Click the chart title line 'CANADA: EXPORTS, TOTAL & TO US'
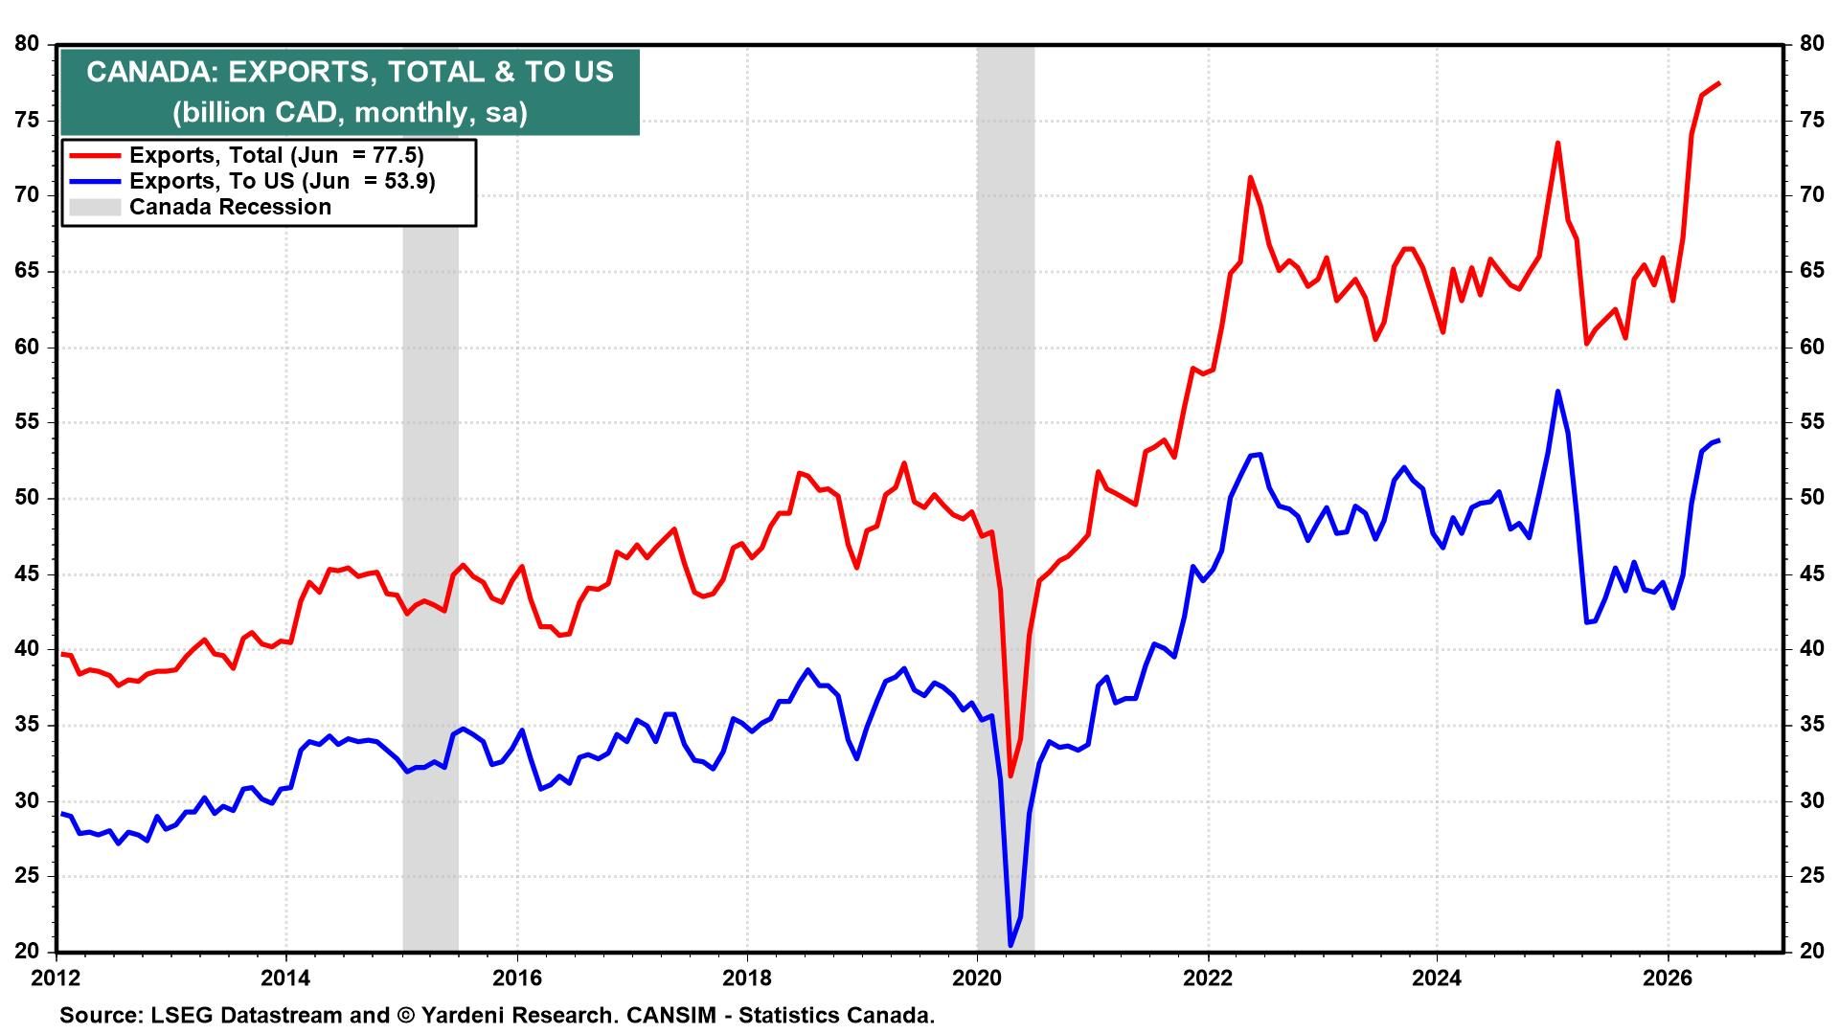tap(350, 72)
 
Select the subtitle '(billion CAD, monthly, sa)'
tap(350, 113)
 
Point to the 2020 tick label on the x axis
tap(977, 978)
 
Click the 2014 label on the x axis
tap(286, 978)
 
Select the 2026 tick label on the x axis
tap(1668, 978)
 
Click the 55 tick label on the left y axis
tap(27, 422)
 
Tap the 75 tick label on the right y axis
tap(1811, 120)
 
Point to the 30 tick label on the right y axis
tap(1811, 800)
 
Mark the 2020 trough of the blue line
tap(1010, 946)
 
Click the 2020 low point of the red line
tap(1010, 775)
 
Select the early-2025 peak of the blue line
tap(1558, 391)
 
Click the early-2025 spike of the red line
tap(1558, 143)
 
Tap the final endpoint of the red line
tap(1719, 83)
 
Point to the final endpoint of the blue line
tap(1719, 440)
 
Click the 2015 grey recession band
tap(430, 498)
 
